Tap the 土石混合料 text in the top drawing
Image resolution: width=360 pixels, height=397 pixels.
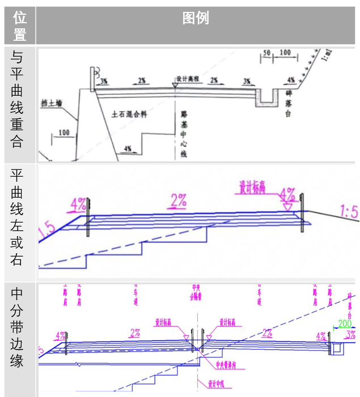[x=129, y=114]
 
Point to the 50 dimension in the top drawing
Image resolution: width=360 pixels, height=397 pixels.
[x=266, y=53]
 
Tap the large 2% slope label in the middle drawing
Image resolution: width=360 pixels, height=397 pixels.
[x=178, y=200]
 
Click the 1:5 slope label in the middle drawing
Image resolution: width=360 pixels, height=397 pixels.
[x=348, y=212]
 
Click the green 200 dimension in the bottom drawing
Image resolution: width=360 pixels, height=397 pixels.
[x=344, y=324]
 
